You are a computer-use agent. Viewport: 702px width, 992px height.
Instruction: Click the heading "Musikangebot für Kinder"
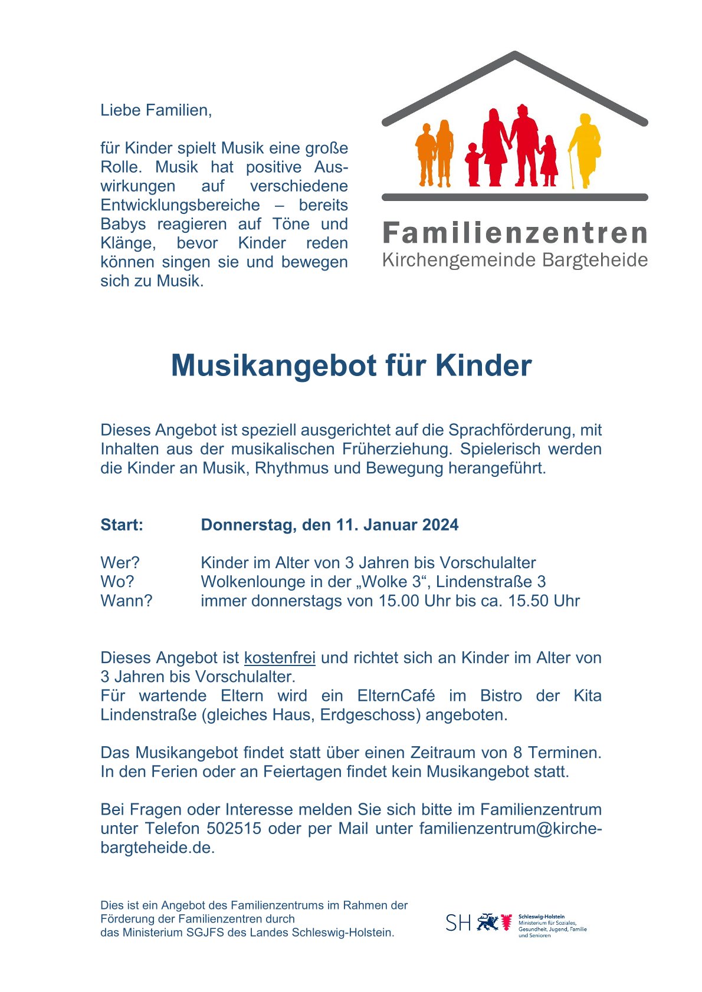pos(351,365)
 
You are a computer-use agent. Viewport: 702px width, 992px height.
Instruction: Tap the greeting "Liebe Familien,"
pos(156,110)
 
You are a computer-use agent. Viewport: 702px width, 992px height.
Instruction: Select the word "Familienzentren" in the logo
pos(515,233)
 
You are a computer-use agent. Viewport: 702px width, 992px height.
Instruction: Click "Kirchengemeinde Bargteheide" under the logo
pos(515,260)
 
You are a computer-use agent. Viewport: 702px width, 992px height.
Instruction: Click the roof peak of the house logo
pos(515,55)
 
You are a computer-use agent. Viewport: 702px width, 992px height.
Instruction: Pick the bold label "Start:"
pos(122,525)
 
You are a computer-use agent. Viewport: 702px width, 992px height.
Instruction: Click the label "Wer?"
pos(120,563)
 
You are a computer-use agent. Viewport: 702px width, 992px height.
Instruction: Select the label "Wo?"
pos(117,582)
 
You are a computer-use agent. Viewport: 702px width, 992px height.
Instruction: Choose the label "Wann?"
pos(126,601)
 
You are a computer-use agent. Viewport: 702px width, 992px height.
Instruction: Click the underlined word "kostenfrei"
pos(280,658)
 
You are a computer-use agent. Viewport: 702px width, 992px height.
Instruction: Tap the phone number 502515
pos(234,828)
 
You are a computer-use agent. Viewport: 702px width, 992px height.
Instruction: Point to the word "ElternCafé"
pos(396,696)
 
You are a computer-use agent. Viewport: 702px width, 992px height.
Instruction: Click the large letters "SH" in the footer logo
pos(458,923)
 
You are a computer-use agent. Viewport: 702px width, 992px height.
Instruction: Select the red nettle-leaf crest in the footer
pos(506,922)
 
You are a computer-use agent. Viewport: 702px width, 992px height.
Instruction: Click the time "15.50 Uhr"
pos(544,601)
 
